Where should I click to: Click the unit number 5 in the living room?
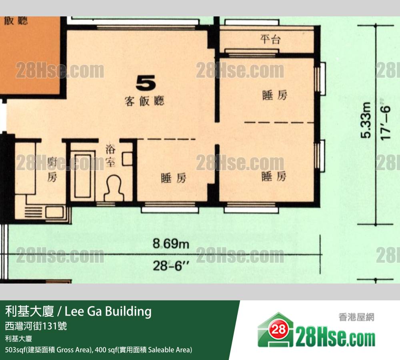click(146, 83)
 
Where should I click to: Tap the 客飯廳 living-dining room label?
click(144, 101)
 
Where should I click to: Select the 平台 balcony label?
click(270, 39)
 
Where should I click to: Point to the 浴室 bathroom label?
click(110, 155)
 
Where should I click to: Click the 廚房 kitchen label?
click(52, 169)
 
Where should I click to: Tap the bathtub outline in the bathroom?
click(83, 176)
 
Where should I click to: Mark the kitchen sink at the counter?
click(54, 212)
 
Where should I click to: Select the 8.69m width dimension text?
click(171, 243)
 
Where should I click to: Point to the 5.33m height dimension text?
click(366, 120)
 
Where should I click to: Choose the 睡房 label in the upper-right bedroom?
click(275, 95)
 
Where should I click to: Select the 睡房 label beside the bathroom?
click(174, 178)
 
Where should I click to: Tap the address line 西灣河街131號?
click(36, 326)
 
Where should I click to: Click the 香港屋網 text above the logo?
click(356, 318)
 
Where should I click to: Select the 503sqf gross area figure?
click(16, 350)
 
